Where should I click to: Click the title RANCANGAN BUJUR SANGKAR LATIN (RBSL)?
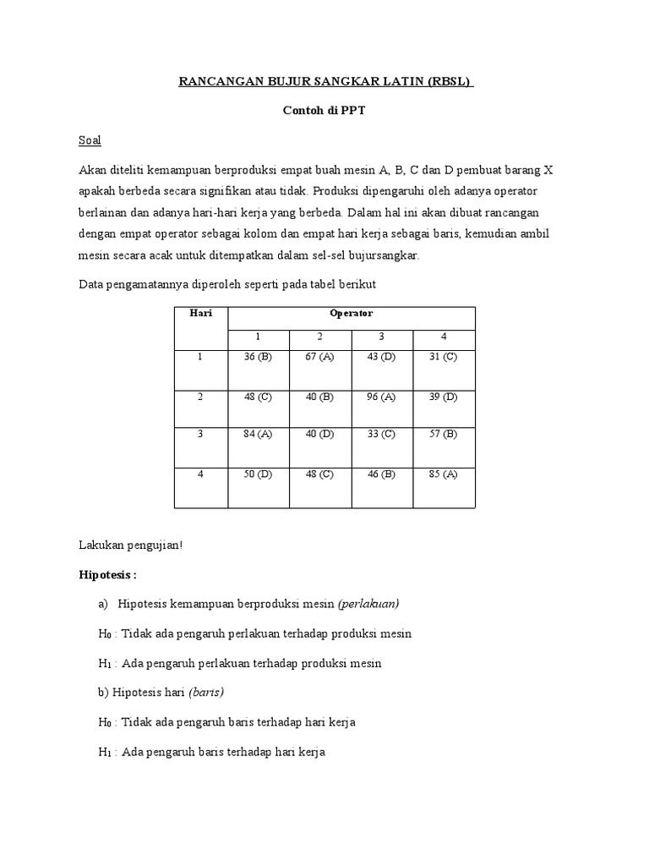coord(325,82)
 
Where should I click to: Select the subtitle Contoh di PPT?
coord(325,111)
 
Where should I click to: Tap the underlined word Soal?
coord(90,140)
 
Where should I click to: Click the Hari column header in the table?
coord(201,313)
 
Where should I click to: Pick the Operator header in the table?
coord(352,313)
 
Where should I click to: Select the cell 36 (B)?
coord(259,357)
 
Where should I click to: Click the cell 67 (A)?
coord(319,357)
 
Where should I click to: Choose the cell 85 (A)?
coord(444,474)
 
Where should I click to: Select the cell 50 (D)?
coord(259,474)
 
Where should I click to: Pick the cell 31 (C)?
coord(444,357)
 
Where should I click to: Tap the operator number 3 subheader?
coord(382,336)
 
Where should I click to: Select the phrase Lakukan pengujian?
coord(130,545)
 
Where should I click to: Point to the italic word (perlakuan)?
coord(368,604)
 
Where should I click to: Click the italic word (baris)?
coord(205,692)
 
